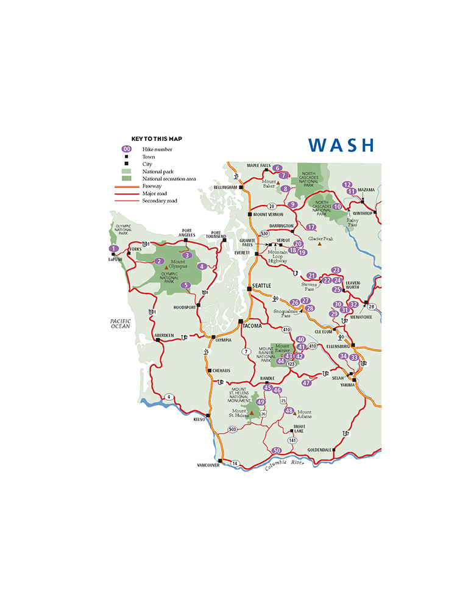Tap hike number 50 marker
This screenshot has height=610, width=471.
[x=277, y=451]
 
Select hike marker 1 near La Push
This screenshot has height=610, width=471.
[x=113, y=248]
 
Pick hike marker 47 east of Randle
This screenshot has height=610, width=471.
[x=307, y=382]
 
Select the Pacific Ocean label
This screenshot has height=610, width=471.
[x=116, y=323]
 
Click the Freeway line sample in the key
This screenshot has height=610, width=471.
[x=126, y=186]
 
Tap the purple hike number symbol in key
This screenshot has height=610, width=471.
[x=127, y=149]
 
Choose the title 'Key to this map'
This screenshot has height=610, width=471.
[x=157, y=139]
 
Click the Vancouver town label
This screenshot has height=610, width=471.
[x=208, y=465]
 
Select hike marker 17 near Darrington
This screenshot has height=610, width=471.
[x=311, y=227]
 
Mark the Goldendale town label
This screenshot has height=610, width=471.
[x=319, y=450]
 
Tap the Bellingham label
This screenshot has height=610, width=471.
[x=225, y=188]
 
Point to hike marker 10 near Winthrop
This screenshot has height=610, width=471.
[x=337, y=207]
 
